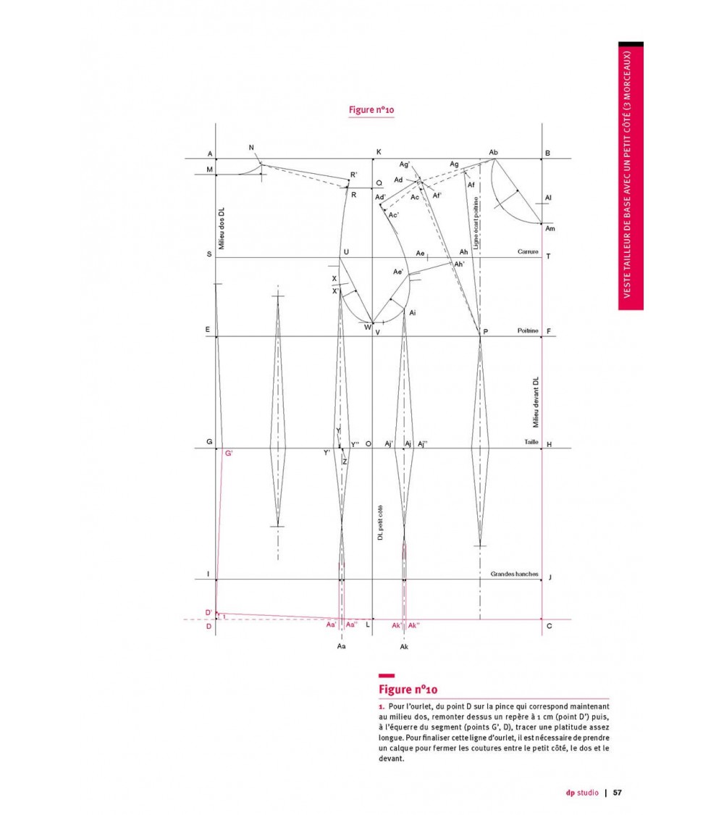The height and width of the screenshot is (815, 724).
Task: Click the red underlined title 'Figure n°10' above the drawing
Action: click(371, 110)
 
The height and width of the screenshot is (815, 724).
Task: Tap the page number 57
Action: click(618, 792)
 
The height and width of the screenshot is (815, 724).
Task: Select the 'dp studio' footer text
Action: click(582, 792)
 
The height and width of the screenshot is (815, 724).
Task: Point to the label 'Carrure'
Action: click(528, 252)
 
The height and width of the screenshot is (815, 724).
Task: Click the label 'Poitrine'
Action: click(528, 330)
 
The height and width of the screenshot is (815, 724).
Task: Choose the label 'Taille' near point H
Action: click(531, 442)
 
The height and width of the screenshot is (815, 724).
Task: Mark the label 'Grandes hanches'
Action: click(514, 574)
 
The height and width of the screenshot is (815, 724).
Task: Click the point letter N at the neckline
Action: click(251, 149)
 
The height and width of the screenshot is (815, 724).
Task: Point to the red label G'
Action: click(229, 454)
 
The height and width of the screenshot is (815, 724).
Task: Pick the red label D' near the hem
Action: click(208, 613)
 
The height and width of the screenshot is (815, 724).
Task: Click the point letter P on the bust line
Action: click(485, 332)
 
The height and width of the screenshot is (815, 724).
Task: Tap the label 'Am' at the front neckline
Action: click(550, 229)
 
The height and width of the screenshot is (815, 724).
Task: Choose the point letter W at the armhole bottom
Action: click(367, 327)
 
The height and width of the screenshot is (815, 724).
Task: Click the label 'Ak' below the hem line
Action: click(404, 646)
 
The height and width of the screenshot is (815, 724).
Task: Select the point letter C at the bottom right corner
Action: click(549, 626)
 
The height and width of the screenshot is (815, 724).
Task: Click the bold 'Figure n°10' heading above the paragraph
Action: click(408, 689)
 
